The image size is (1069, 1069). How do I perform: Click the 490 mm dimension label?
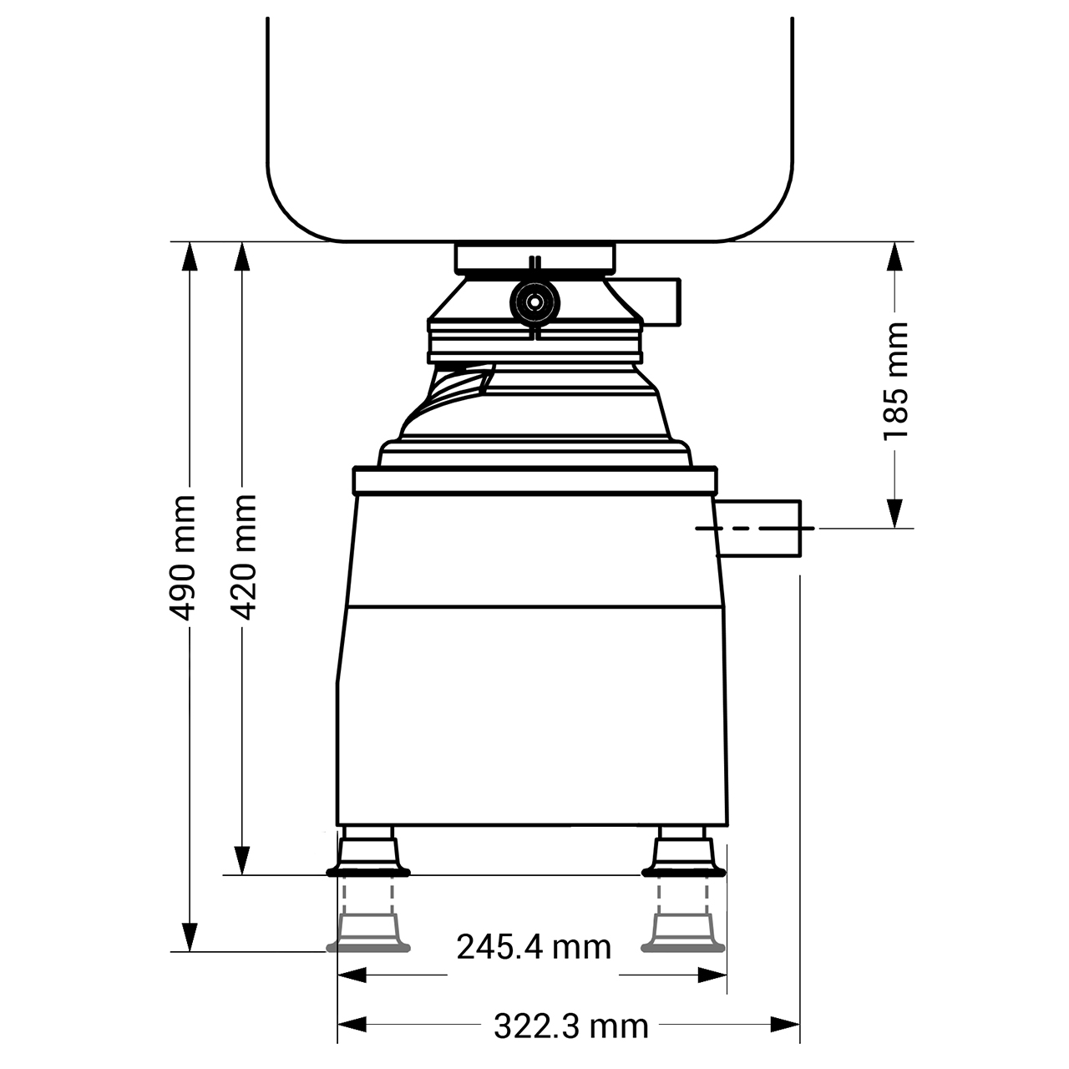click(x=182, y=558)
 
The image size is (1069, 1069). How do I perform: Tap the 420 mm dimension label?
click(x=242, y=557)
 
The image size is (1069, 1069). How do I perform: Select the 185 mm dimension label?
click(x=894, y=381)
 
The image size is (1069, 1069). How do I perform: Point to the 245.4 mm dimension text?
click(x=534, y=947)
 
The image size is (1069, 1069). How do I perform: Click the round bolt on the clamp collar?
click(x=534, y=302)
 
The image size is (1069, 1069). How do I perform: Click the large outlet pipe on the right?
click(x=758, y=528)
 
